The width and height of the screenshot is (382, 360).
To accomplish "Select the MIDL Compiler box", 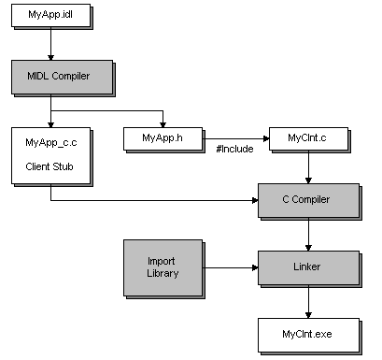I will point(50,75).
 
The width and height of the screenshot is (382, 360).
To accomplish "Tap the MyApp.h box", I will point(163,138).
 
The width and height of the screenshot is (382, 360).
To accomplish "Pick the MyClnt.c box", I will point(307,138).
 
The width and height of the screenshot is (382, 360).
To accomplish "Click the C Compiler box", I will point(307,199).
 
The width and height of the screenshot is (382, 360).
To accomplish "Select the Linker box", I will point(307,266).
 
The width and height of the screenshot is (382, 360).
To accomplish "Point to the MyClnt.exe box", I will point(307,332).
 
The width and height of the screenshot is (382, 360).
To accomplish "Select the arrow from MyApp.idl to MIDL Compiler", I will point(50,45).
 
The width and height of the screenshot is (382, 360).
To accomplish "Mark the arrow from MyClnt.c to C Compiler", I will point(308,167).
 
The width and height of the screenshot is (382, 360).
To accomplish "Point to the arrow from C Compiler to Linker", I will point(308,232).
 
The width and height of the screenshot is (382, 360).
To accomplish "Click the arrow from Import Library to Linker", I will point(229,267).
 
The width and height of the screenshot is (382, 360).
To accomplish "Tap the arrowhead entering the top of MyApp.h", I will point(163,122).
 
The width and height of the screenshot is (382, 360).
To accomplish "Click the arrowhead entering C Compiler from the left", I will point(255,199).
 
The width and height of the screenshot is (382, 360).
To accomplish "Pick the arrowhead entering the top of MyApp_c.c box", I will point(50,122).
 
